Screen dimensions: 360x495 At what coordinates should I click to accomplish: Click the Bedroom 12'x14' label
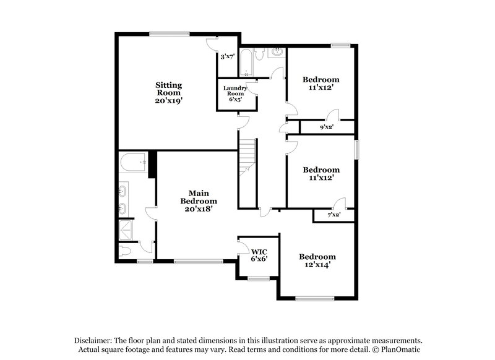[317, 260]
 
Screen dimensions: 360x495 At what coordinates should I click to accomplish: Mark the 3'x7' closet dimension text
[227, 56]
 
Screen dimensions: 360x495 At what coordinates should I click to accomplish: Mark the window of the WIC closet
[256, 280]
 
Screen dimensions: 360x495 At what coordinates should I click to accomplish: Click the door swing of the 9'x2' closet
[334, 114]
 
